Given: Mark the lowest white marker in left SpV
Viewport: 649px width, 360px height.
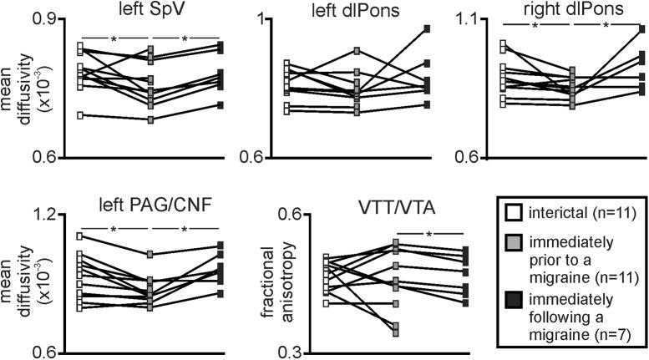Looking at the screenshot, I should click(80, 115).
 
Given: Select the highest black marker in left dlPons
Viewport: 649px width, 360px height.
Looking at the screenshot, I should click(427, 28).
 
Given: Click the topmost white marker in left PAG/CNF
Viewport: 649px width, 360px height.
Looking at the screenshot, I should click(80, 236).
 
